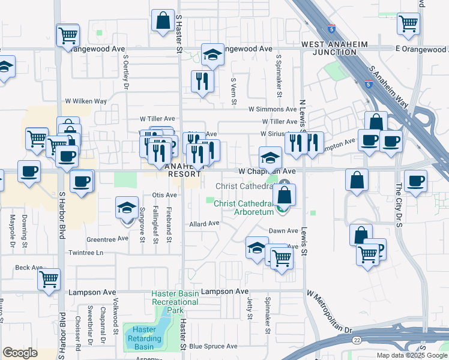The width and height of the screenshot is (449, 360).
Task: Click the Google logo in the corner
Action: pos(20,353)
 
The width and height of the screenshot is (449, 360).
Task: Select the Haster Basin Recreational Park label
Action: pos(175,302)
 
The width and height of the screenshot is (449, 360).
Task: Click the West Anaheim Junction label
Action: pos(329,49)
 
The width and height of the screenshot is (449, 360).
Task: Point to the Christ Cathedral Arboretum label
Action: pos(244,207)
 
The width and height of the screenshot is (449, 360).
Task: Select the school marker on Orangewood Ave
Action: pos(212,56)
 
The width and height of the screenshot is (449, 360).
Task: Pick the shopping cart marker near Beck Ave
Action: pos(49,279)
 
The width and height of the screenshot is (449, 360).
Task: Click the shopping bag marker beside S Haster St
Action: pos(163,21)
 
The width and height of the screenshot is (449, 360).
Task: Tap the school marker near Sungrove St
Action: pos(127,209)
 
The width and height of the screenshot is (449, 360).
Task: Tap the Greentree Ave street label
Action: pos(107,238)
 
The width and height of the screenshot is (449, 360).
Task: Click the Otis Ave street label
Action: pos(164,195)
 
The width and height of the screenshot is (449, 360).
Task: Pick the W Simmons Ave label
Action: pos(273,109)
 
